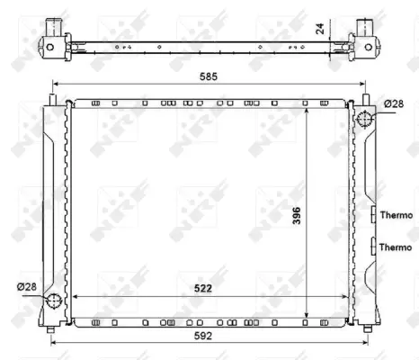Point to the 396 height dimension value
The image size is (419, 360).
pyautogui.click(x=320, y=216)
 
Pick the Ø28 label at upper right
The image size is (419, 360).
pyautogui.click(x=394, y=104)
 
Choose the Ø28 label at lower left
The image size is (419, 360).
pyautogui.click(x=27, y=287)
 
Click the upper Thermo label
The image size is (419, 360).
pyautogui.click(x=396, y=215)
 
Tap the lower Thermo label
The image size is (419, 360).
pyautogui.click(x=396, y=247)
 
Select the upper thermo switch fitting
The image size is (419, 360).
pyautogui.click(x=372, y=215)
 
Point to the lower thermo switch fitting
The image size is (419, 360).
pyautogui.click(x=372, y=246)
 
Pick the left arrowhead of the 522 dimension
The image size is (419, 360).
pyautogui.click(x=74, y=297)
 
